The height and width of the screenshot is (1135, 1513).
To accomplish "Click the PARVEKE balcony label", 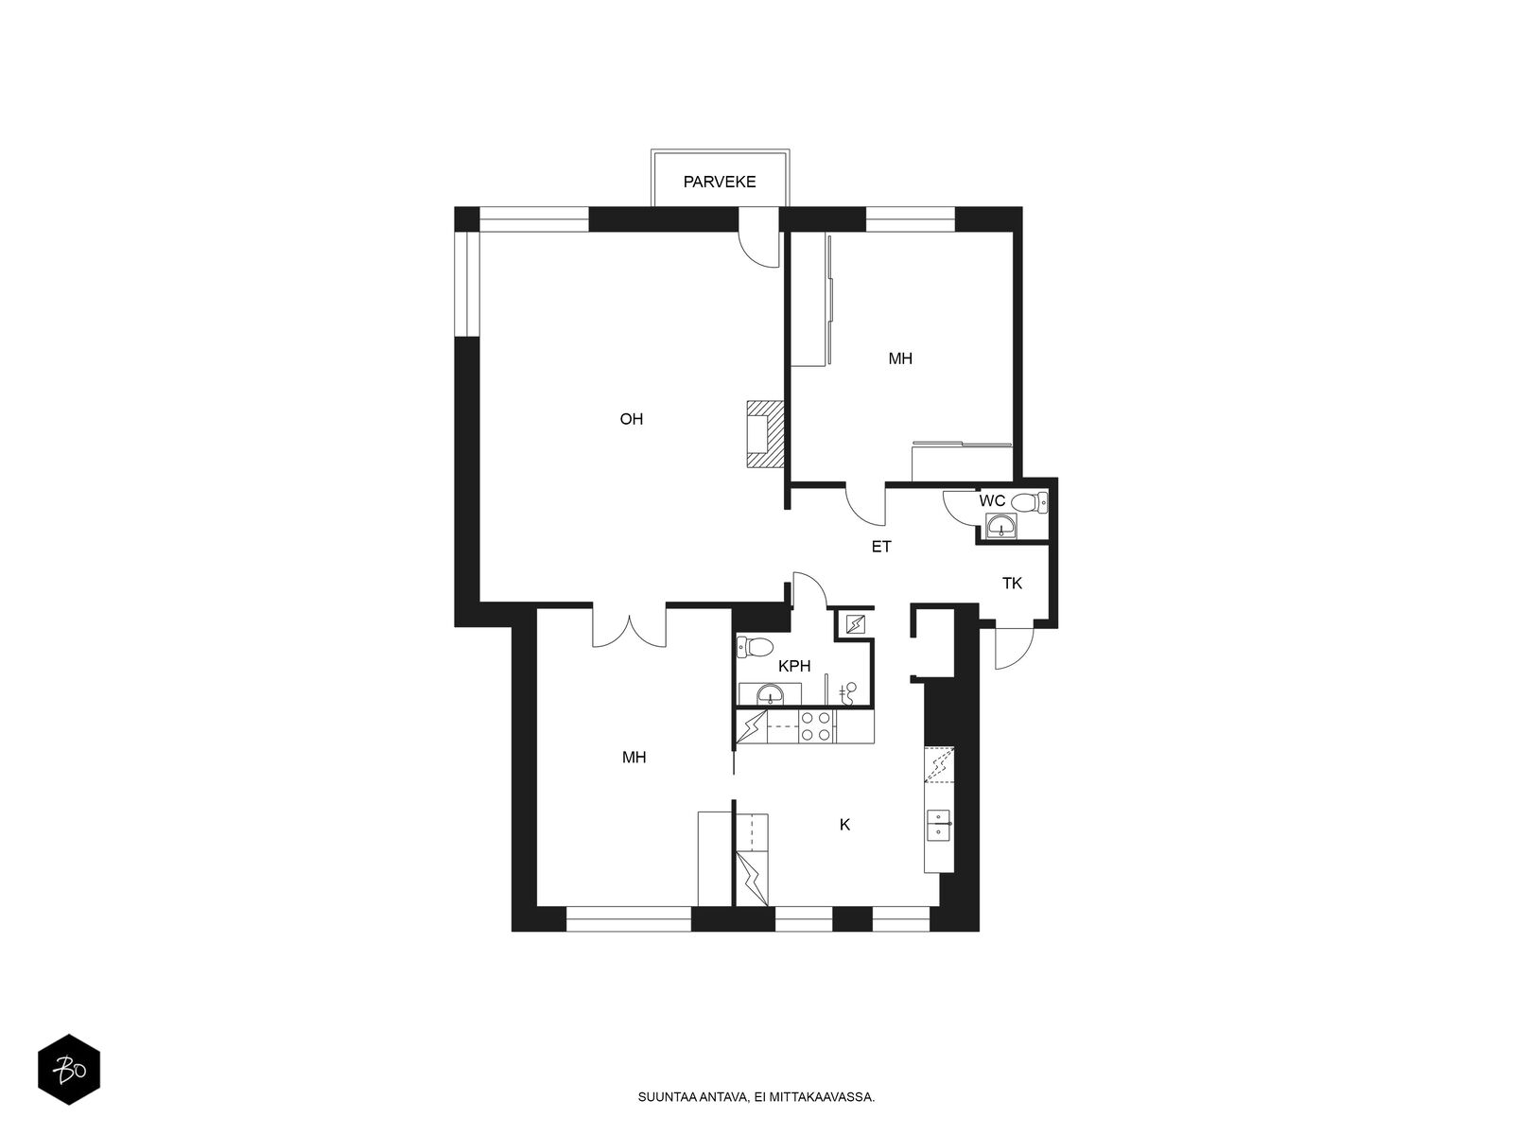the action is click(719, 182).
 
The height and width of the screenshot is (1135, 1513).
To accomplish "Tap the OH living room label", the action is click(631, 419).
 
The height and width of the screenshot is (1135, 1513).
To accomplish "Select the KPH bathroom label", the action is click(794, 666).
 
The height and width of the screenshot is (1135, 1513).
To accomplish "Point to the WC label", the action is click(992, 500).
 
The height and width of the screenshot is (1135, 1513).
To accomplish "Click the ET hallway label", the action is click(881, 547).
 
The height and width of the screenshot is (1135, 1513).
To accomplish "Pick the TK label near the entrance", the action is click(1012, 584).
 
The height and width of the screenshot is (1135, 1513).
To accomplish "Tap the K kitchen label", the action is click(844, 824).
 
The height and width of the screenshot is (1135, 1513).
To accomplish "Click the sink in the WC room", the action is click(1000, 527).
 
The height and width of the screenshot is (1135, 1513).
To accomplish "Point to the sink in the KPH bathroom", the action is click(769, 694).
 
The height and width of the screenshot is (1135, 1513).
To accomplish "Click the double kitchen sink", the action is click(937, 826).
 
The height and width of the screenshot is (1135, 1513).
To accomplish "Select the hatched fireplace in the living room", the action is click(765, 434).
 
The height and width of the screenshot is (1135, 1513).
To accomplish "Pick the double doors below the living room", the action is click(630, 629).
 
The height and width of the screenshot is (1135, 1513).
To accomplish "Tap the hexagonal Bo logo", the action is click(69, 1069).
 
